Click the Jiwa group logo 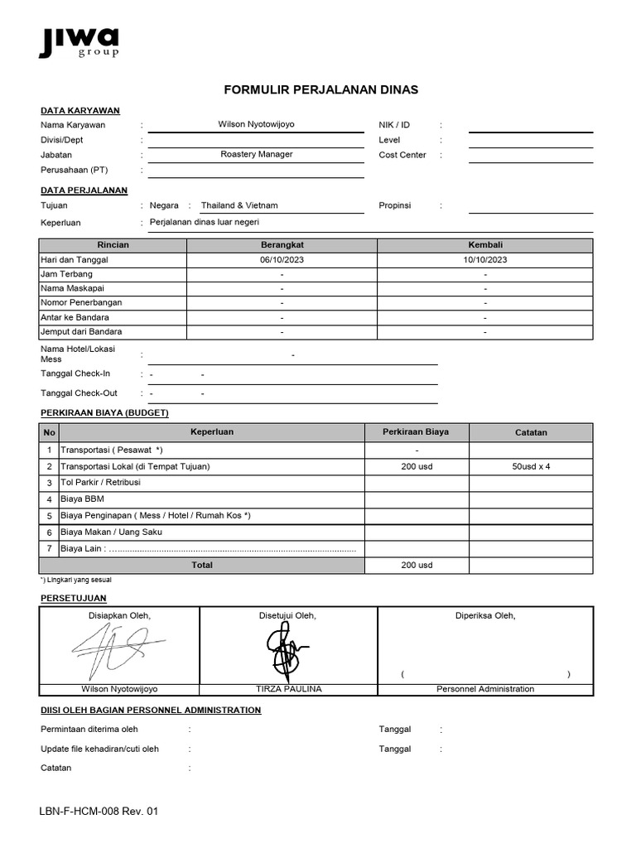tap(79, 41)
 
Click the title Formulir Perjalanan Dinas tap(321, 89)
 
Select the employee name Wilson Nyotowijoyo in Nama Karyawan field tap(256, 124)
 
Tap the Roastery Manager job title tap(256, 154)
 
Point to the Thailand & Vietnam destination tap(239, 205)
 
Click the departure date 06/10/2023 tap(282, 259)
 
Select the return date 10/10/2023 tap(485, 259)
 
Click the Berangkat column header tap(282, 245)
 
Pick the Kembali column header tap(485, 245)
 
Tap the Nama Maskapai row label tap(68, 288)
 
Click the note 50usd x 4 tap(531, 466)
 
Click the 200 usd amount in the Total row tap(417, 566)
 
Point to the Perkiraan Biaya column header tap(417, 432)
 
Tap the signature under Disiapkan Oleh tap(116, 648)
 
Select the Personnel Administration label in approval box tap(485, 689)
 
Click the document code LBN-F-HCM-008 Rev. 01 tap(99, 812)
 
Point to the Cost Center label tap(402, 155)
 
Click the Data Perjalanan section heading tap(84, 190)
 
